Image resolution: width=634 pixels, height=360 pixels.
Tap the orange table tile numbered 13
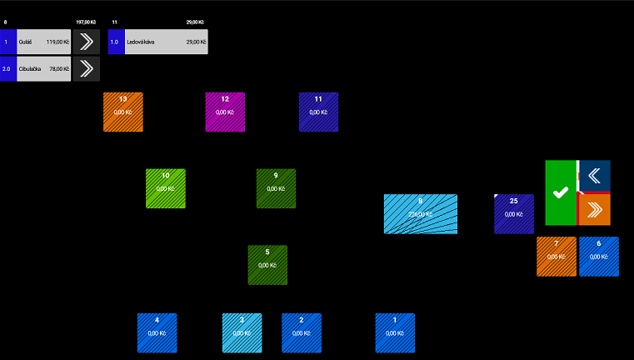click(123, 112)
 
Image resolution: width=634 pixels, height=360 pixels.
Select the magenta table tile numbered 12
click(225, 112)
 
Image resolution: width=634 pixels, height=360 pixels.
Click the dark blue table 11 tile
click(318, 112)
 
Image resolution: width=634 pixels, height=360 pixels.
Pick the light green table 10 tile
click(166, 188)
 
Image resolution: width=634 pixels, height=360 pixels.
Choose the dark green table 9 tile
click(276, 188)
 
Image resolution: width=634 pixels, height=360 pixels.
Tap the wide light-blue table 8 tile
click(420, 214)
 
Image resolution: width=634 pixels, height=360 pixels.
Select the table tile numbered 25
click(514, 214)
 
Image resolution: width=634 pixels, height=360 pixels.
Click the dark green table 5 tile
click(267, 265)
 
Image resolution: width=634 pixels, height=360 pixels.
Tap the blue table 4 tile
click(157, 333)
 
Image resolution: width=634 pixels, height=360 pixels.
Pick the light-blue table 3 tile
click(242, 333)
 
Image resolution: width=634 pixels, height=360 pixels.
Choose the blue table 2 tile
click(302, 333)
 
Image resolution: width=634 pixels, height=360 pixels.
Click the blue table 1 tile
click(395, 333)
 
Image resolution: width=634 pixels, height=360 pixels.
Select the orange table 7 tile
click(557, 257)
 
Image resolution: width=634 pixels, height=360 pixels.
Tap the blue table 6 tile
click(599, 257)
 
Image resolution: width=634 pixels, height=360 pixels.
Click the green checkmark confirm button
click(561, 192)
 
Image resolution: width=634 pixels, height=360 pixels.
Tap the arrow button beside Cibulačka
click(86, 69)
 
